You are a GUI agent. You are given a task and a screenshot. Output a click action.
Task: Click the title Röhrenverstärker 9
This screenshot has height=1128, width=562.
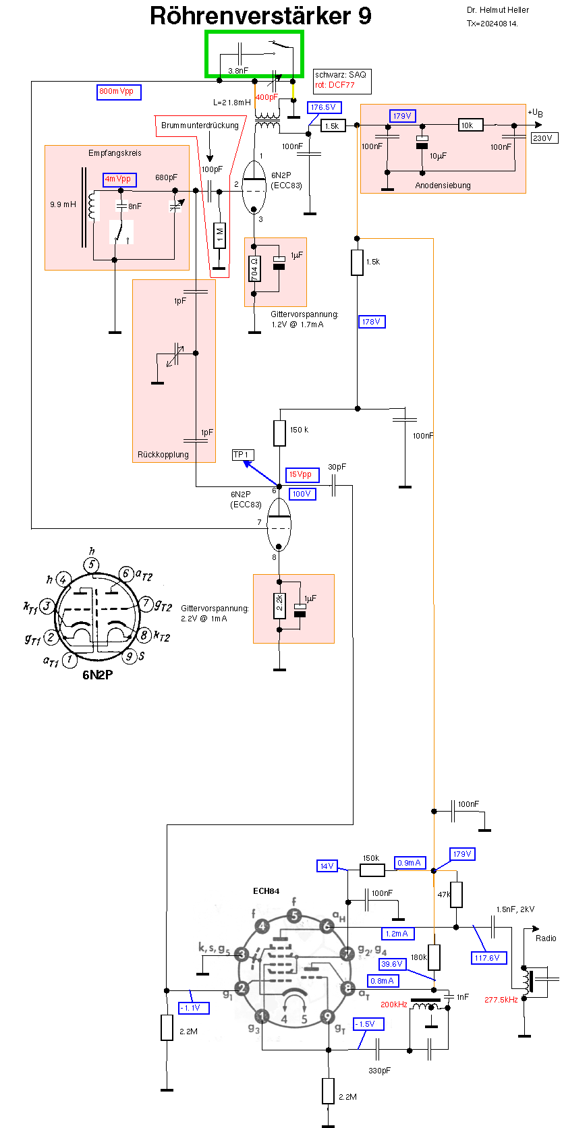pos(260,16)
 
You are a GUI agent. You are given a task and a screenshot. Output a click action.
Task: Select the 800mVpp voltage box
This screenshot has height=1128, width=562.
pos(119,92)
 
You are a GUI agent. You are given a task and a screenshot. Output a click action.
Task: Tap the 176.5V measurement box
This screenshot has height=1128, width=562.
pos(324,107)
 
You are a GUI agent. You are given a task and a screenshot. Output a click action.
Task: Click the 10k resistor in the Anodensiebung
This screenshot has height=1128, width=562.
pos(470,125)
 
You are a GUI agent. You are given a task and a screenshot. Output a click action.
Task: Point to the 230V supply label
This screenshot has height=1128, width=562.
pos(543,138)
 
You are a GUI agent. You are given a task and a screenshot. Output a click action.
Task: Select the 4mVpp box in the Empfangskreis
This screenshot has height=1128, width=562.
pos(119,179)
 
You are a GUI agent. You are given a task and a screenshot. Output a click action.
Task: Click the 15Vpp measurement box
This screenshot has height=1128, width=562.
pos(302,475)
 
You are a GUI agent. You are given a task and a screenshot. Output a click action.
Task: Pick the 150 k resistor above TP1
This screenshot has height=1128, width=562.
pos(280,432)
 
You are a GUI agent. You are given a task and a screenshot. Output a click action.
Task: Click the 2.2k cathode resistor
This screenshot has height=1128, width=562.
pos(279,603)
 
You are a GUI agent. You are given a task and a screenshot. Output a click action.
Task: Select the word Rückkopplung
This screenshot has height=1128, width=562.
pos(163,455)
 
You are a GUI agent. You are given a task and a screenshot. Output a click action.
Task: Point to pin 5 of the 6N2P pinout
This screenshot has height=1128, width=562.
pos(92,565)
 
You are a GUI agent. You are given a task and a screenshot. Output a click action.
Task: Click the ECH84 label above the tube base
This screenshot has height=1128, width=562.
pos(266,891)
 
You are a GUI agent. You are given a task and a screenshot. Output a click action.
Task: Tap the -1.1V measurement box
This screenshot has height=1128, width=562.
pos(194,1008)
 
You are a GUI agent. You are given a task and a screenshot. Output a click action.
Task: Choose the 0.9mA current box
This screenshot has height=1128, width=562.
pos(410,863)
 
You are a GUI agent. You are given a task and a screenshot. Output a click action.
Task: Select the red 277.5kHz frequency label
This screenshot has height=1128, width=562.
pos(501,1000)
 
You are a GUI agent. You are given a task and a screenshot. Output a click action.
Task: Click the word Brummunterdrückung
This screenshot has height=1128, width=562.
pos(200,125)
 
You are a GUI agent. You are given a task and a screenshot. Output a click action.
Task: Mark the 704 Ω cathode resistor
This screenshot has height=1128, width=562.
pos(254,269)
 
